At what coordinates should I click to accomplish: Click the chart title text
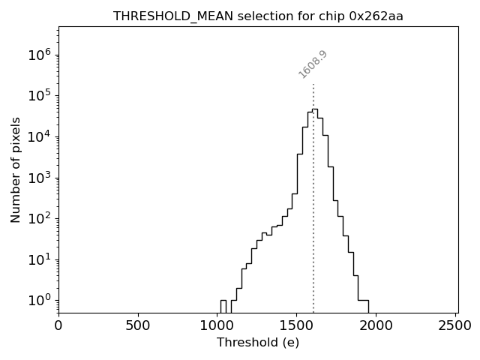click(x=258, y=16)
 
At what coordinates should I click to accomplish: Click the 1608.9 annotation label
click(x=313, y=64)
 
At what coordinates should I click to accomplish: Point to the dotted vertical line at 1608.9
click(x=313, y=195)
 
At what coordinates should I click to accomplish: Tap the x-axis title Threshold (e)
click(x=258, y=343)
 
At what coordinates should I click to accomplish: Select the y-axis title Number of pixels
click(x=16, y=169)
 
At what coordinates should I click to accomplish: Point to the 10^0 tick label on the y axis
click(x=39, y=300)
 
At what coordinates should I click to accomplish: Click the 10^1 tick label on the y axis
click(x=39, y=259)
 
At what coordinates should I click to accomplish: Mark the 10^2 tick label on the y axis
click(x=39, y=218)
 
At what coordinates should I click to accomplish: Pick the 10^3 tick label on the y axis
click(x=39, y=178)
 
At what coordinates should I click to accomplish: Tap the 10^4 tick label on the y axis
click(x=39, y=136)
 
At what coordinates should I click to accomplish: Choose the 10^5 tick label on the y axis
click(x=39, y=96)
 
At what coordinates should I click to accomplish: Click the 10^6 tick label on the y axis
click(x=39, y=55)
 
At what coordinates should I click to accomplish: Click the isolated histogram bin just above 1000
click(x=223, y=306)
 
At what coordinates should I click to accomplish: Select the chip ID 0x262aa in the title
click(x=376, y=16)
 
